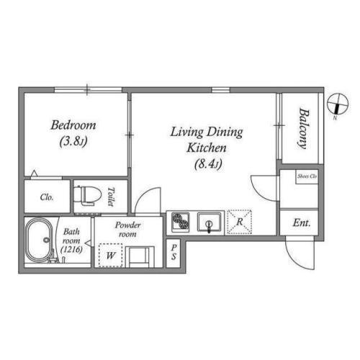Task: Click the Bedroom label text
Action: tap(73, 125)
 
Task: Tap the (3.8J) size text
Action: tap(73, 141)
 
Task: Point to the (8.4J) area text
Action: tap(207, 164)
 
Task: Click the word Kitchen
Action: tap(207, 148)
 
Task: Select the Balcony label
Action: tap(303, 129)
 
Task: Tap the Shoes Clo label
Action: tap(307, 176)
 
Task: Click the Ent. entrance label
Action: tap(302, 223)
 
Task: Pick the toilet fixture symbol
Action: tap(87, 196)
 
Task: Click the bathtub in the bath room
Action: tap(38, 240)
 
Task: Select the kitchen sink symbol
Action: tap(210, 222)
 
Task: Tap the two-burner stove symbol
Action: tap(181, 222)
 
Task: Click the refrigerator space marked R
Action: tap(239, 222)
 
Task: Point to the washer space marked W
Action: tap(111, 256)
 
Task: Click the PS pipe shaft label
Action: tap(174, 252)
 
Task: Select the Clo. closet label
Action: tap(47, 197)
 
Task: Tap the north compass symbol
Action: tap(338, 104)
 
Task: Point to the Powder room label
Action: tap(127, 230)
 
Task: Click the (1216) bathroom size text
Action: tap(71, 250)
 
